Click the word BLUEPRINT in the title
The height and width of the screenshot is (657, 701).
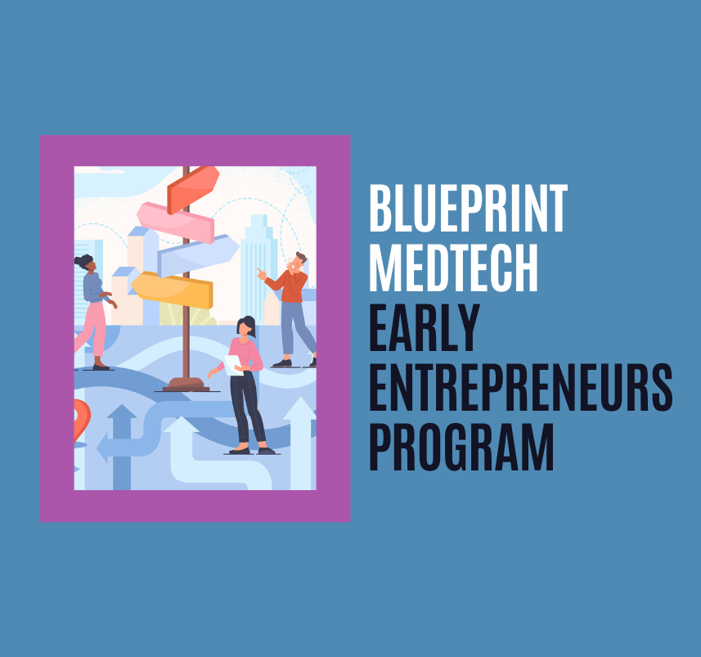tap(467, 209)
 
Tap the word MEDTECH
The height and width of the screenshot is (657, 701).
tap(453, 266)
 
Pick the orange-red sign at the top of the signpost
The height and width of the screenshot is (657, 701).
tap(193, 187)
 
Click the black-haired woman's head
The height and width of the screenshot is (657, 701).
tap(245, 326)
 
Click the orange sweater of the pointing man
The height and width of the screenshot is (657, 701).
tap(290, 285)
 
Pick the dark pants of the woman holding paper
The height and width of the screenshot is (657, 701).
tap(246, 408)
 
